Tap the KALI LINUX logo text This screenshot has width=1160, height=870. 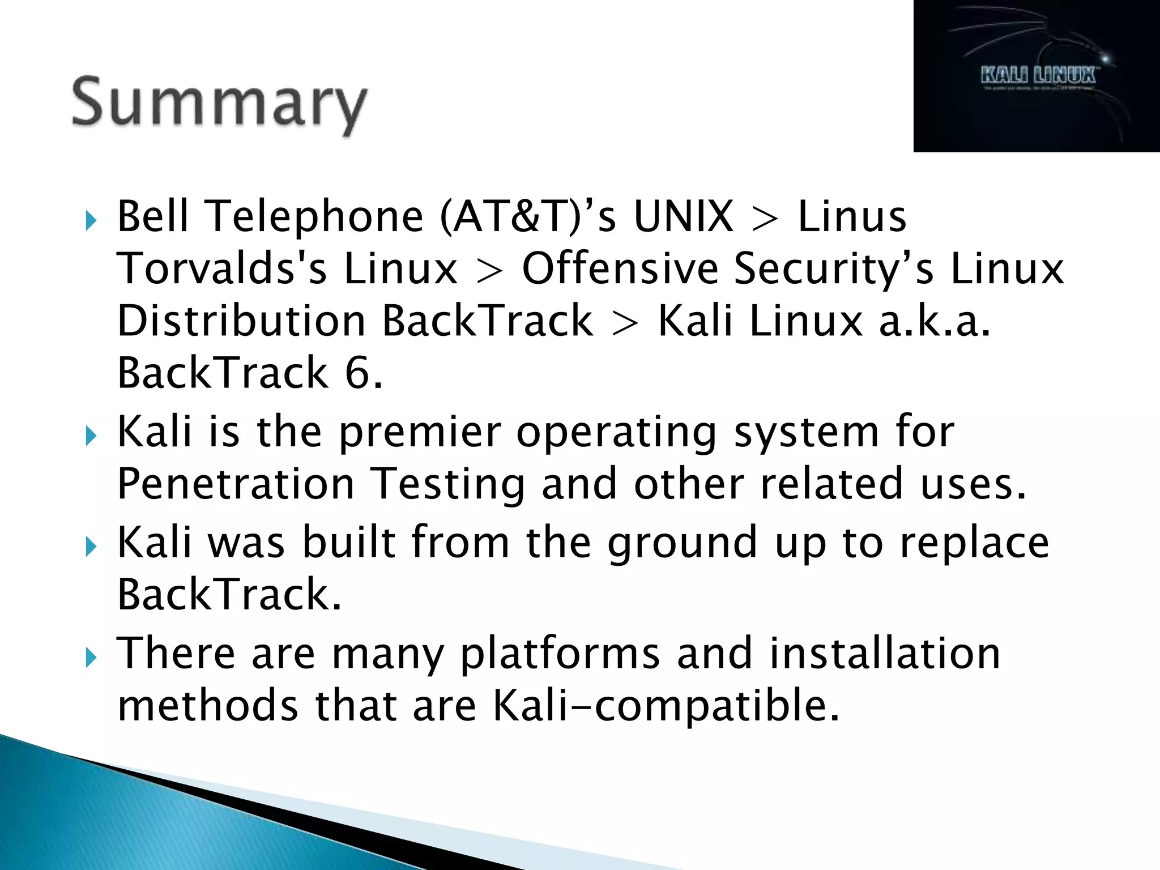click(1038, 75)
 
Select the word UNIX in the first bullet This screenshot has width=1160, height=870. click(683, 216)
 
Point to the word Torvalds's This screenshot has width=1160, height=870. click(222, 268)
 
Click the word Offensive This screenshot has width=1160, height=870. click(620, 268)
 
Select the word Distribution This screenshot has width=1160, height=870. click(242, 321)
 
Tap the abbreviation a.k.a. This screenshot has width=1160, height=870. click(935, 321)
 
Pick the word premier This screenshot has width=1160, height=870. click(419, 433)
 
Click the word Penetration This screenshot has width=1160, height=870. click(236, 484)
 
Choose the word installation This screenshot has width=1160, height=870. click(885, 652)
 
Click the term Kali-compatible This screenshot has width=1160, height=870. click(665, 706)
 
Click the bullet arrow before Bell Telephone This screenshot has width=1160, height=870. click(91, 220)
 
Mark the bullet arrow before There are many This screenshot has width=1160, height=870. click(91, 658)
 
